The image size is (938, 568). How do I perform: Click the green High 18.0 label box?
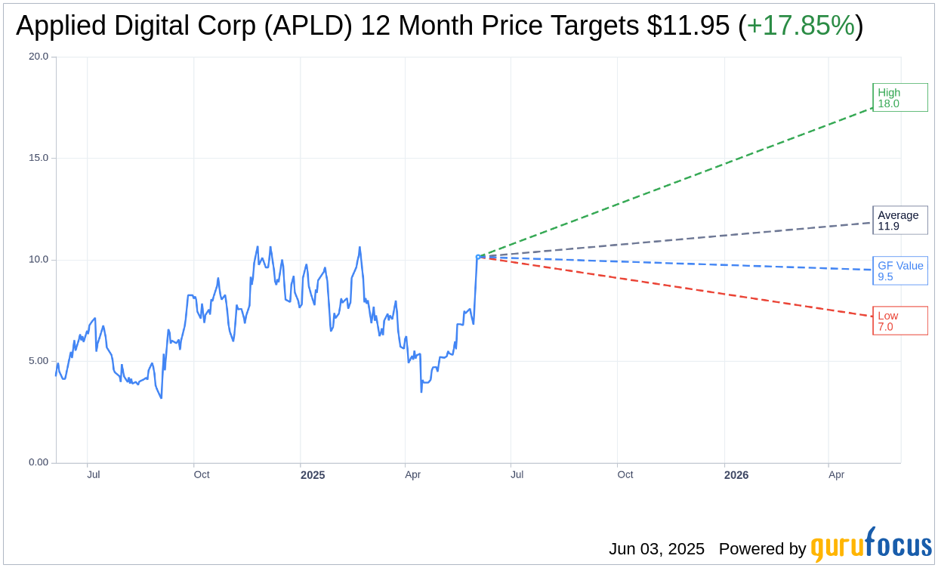click(x=899, y=97)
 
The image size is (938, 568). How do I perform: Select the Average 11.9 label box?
click(x=899, y=221)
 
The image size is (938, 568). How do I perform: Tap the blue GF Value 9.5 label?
click(x=899, y=271)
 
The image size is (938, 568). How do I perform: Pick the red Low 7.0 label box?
click(x=899, y=321)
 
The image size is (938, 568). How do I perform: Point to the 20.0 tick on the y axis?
click(x=38, y=57)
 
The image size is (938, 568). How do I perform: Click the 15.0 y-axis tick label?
click(x=38, y=158)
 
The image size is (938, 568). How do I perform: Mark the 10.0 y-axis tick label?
click(x=38, y=260)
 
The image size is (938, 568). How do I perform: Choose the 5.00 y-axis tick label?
click(x=38, y=361)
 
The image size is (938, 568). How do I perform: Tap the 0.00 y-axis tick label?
click(x=38, y=462)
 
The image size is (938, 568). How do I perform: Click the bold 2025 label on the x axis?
click(x=313, y=475)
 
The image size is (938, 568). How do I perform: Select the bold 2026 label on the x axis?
click(x=736, y=475)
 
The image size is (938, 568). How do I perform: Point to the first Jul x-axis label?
click(x=94, y=475)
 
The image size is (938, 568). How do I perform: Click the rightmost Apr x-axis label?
click(x=836, y=475)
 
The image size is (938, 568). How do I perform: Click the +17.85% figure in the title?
click(x=801, y=26)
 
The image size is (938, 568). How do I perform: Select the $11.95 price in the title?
click(x=688, y=26)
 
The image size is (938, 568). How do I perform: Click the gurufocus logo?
click(x=871, y=545)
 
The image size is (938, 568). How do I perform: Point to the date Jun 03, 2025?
click(x=656, y=549)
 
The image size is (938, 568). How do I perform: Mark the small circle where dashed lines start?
click(x=478, y=257)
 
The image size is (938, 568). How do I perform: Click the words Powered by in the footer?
click(x=762, y=549)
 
